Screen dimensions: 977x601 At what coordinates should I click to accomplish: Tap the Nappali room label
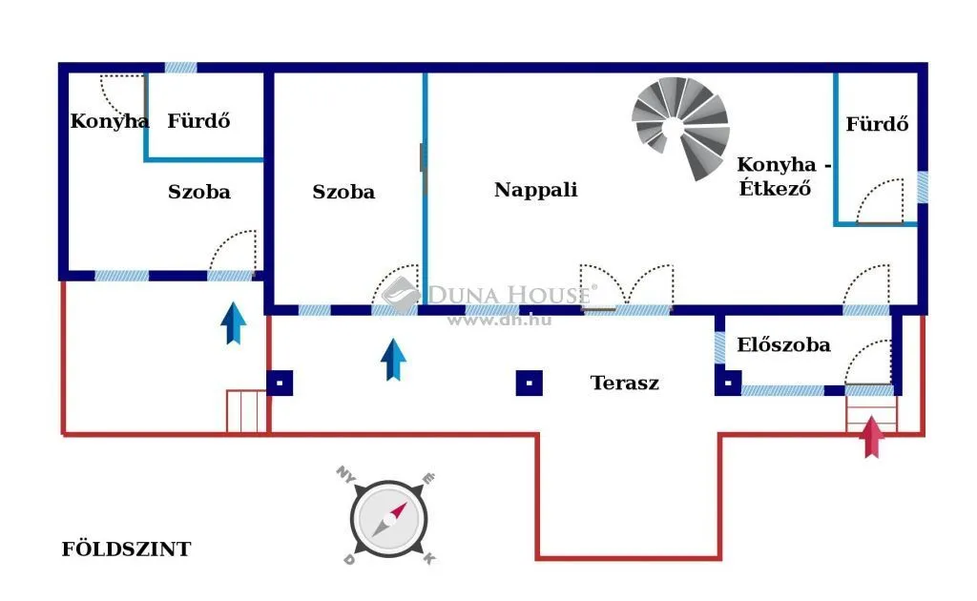pos(536,190)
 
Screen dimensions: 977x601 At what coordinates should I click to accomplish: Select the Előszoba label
pos(783,344)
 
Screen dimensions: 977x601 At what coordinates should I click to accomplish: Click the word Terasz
pos(624,383)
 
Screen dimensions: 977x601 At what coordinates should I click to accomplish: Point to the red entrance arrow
pos(872,437)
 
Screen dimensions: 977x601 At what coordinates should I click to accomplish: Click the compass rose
pos(388,517)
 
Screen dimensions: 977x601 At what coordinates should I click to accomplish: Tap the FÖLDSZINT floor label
pos(126,549)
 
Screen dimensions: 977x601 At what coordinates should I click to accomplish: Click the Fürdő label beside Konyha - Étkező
pos(877,124)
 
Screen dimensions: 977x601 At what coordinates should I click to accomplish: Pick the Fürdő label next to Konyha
pos(198,120)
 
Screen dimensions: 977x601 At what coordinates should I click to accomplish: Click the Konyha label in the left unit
pos(110,121)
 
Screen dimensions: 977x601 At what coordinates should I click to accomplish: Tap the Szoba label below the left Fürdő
pos(199,192)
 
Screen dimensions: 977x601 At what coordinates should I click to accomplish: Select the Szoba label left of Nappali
pos(343,192)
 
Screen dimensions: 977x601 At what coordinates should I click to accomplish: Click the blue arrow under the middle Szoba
pos(393,360)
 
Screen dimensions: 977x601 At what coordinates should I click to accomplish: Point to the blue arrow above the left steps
pos(233,323)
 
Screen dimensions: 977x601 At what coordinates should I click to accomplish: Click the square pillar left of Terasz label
pos(529,383)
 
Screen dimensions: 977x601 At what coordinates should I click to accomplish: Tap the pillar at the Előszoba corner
pos(728,383)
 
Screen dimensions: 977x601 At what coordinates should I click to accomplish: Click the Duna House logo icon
pos(402,295)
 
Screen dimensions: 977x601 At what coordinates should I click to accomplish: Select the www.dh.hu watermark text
pos(499,321)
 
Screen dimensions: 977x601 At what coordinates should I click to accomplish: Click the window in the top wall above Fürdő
pos(180,68)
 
